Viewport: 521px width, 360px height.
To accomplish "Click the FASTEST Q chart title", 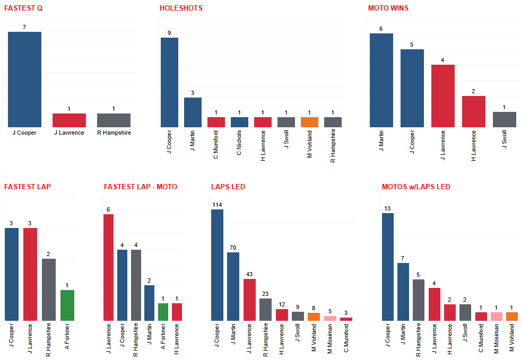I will click(23, 8).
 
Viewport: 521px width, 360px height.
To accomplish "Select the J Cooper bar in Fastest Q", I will click(24, 80).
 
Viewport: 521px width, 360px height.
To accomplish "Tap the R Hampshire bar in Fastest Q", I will click(114, 120).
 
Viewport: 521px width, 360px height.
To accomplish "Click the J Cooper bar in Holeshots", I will click(169, 82).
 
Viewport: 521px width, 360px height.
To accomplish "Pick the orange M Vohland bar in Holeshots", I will click(309, 122).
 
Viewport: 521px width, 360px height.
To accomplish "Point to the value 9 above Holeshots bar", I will click(169, 33).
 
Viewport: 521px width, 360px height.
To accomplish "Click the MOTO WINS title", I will click(388, 8).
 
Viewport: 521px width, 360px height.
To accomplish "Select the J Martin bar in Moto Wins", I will click(381, 80).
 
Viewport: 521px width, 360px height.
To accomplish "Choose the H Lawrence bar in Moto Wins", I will click(474, 111).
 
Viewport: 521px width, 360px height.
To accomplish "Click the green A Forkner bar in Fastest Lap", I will click(67, 305).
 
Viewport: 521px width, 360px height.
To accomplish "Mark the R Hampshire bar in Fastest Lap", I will click(49, 289).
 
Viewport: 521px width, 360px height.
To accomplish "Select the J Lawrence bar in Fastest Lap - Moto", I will click(109, 267).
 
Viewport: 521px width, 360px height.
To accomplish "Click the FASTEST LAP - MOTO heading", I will click(141, 187).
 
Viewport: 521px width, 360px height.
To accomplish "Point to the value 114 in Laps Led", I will click(217, 205).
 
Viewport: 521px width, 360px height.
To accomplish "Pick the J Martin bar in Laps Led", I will click(233, 286).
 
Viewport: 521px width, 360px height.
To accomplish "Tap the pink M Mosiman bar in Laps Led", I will click(330, 318).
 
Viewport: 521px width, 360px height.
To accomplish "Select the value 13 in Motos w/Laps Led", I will click(388, 208).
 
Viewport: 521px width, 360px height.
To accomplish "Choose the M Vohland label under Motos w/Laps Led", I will click(511, 340).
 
